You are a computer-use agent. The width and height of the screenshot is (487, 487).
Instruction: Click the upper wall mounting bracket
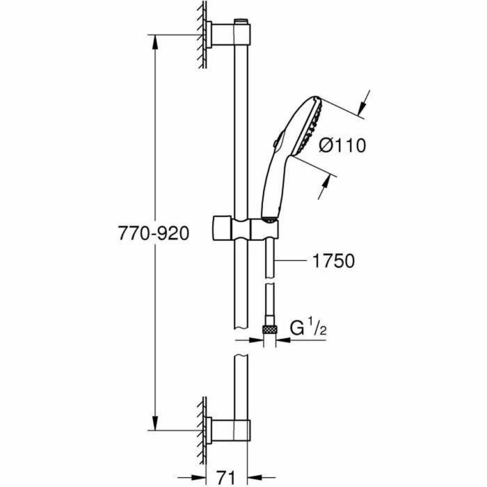(x=223, y=32)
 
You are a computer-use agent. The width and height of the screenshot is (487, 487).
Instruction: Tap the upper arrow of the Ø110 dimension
(x=361, y=106)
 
